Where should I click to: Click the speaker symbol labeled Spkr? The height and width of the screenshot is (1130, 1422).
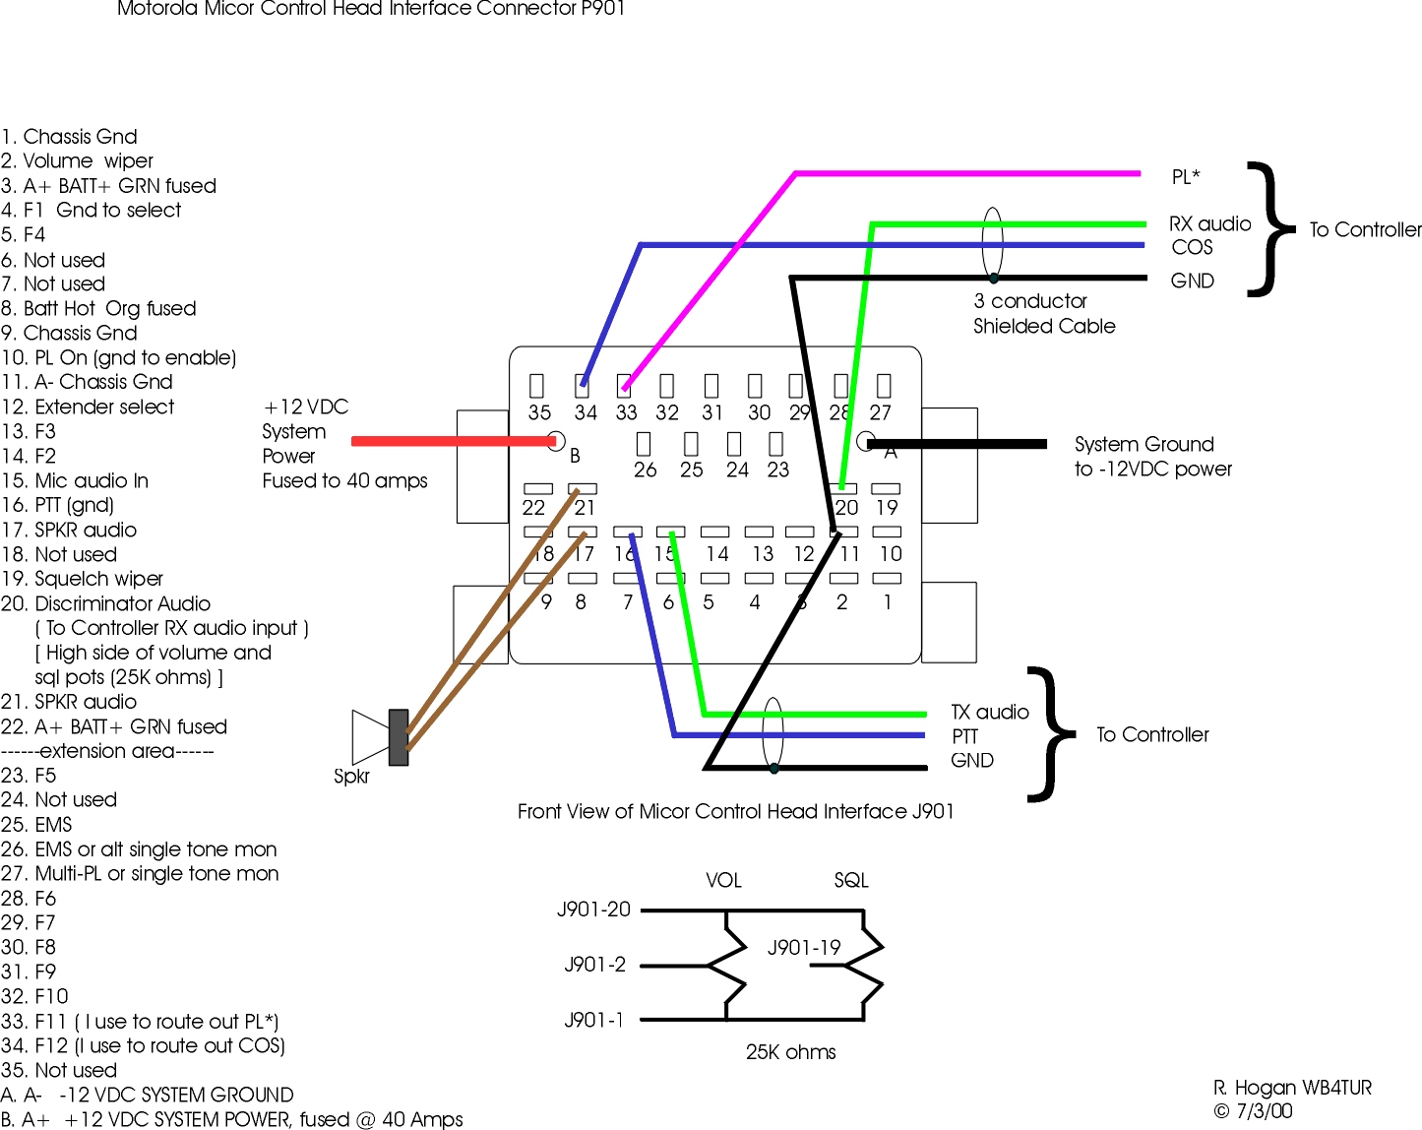[x=379, y=736]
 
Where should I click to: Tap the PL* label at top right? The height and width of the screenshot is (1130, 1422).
[x=1185, y=177]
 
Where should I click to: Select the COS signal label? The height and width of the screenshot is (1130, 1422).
[x=1192, y=247]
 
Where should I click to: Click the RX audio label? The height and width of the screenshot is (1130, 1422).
[x=1209, y=223]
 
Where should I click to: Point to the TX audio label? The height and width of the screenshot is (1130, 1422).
[x=989, y=712]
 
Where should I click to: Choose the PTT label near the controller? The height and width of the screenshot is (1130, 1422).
[x=964, y=736]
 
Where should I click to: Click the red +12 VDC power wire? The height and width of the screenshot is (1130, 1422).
[x=453, y=441]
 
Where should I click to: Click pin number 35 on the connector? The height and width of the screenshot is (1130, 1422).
[x=539, y=412]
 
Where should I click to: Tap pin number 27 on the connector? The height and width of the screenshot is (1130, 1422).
[x=880, y=412]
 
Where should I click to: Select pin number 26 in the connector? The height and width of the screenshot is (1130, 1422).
[x=645, y=470]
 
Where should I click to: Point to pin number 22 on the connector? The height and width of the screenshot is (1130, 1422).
[x=533, y=507]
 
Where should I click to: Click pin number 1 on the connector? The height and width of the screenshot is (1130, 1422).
[x=888, y=601]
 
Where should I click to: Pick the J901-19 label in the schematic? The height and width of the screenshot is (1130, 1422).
[x=804, y=947]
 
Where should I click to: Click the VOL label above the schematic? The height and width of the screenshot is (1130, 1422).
[x=723, y=880]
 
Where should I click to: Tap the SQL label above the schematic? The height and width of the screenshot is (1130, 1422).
[x=851, y=880]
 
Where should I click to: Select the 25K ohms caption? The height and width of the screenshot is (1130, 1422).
[x=790, y=1051]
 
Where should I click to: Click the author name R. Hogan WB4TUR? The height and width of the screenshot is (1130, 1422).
[x=1292, y=1088]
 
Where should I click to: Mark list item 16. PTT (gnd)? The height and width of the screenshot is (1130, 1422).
[x=58, y=505]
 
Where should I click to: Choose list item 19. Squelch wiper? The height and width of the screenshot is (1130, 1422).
[x=83, y=579]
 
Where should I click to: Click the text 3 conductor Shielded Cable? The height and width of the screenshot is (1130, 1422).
[x=1043, y=313]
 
